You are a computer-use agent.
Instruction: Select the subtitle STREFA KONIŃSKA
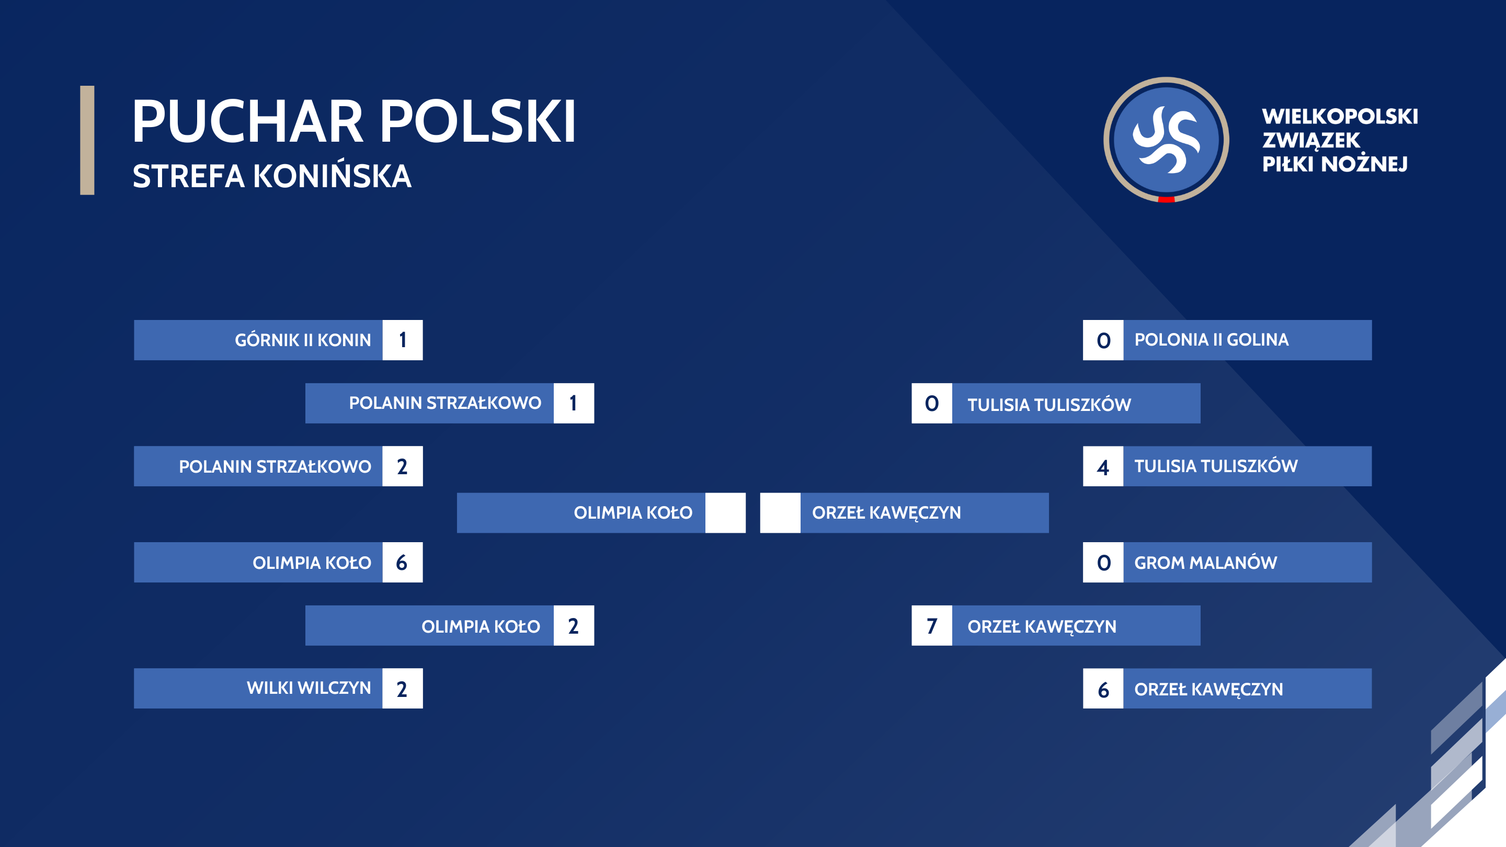coord(272,176)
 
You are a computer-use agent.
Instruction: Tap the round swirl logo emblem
coord(1166,140)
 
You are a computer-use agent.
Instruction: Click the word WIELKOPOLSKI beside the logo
coord(1340,116)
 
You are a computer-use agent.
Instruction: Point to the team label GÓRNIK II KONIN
coord(303,340)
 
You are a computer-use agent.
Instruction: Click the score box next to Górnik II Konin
coord(403,340)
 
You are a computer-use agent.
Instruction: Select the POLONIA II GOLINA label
coord(1212,340)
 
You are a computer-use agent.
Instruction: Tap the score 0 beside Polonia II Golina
coord(1103,340)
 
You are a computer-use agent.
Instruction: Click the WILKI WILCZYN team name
coord(309,688)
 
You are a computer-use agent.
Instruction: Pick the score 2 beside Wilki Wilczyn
coord(403,689)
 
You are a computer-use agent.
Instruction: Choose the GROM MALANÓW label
coord(1205,563)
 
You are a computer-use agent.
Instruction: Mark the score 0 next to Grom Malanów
coord(1103,563)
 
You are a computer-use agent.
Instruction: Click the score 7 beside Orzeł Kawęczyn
coord(932,625)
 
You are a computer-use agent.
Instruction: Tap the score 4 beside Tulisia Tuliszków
coord(1103,466)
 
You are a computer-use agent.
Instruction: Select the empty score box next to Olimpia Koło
coord(725,512)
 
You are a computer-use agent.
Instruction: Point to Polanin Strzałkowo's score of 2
coord(403,466)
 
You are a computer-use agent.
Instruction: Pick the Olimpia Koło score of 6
coord(403,563)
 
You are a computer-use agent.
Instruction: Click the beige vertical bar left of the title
coord(87,140)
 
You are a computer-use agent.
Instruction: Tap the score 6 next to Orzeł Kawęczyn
coord(1103,689)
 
